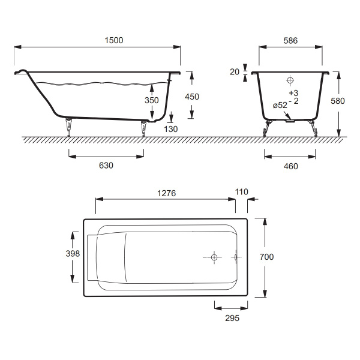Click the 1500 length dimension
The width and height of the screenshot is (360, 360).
coord(114,40)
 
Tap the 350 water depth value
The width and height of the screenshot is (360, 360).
coord(152,100)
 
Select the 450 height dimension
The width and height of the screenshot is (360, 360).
coord(192,97)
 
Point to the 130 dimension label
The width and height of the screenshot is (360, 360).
coord(171,129)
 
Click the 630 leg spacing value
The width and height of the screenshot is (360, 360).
coord(106,166)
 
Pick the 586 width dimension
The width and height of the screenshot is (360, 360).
coord(290,41)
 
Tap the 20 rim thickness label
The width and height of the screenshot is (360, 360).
coord(235,72)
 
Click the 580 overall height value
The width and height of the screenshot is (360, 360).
coord(338,101)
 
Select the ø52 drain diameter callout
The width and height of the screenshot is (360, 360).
coord(280,105)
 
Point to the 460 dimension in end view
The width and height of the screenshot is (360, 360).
coord(291,166)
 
